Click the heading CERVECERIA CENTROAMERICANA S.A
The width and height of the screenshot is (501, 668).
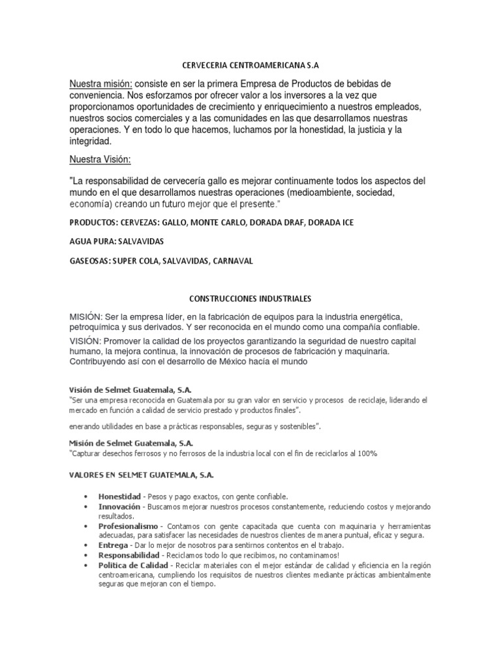(x=250, y=65)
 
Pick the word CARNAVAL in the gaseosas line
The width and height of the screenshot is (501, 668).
(x=232, y=260)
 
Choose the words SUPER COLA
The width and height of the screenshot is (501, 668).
(x=135, y=260)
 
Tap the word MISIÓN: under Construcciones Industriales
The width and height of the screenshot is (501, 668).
(x=87, y=316)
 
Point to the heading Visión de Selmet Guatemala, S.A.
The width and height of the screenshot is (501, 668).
(x=130, y=389)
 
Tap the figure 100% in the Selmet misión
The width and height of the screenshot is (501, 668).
(x=367, y=453)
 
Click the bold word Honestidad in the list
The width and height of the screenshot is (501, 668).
(x=119, y=496)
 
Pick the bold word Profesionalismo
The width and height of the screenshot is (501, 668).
(x=129, y=525)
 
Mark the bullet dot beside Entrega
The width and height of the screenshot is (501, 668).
(x=87, y=545)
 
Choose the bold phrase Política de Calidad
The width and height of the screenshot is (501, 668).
(x=134, y=564)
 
